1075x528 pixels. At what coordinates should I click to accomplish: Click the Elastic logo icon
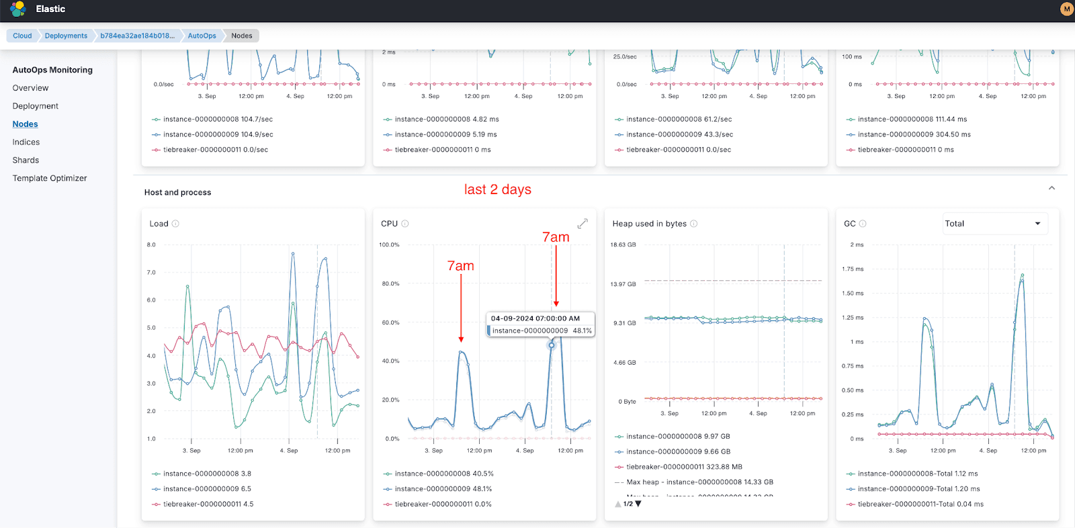[18, 9]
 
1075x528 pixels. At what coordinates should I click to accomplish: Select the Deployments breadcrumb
[66, 36]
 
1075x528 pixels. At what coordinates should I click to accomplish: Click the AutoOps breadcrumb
[202, 36]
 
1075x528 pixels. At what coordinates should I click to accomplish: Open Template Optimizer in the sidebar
[50, 178]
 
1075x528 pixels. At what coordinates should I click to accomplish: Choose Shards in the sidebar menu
[26, 160]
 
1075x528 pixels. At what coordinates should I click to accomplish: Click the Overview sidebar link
[30, 88]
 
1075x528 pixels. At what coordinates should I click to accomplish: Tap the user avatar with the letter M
[1066, 9]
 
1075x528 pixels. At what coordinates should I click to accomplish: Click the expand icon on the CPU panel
[583, 224]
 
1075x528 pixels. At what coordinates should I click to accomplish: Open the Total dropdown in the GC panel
[993, 224]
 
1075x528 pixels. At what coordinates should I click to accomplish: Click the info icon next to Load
[175, 224]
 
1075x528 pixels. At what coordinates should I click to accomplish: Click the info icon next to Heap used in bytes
[694, 224]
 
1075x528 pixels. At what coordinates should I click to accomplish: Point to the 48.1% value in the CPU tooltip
[582, 331]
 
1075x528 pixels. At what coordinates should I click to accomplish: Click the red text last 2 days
[497, 189]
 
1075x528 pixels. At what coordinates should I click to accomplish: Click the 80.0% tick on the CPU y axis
[390, 283]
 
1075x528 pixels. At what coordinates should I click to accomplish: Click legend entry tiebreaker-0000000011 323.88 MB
[684, 467]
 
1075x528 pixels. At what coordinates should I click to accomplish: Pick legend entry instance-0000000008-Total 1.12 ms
[917, 474]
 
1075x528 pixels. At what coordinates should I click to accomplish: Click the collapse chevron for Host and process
[1051, 188]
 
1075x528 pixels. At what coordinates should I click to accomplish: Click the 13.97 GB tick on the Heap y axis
[623, 284]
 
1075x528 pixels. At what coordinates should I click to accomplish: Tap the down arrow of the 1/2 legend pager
[638, 503]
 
